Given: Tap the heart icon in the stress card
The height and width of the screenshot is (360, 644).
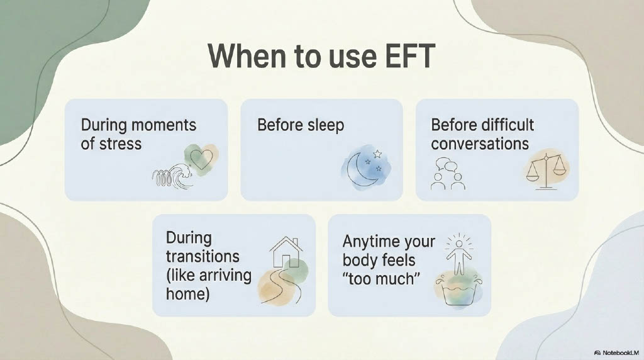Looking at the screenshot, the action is (x=202, y=159).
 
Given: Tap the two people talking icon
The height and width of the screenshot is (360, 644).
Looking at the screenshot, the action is (x=447, y=174).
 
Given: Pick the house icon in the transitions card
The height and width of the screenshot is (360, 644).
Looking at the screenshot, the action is (x=286, y=252).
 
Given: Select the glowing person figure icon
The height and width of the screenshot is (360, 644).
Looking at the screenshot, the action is (x=459, y=254).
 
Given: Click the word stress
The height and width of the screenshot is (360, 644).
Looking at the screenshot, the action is (x=121, y=144).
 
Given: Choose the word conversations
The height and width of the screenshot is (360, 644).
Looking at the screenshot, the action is (x=480, y=144).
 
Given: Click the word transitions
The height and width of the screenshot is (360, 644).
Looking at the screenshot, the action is (x=203, y=256).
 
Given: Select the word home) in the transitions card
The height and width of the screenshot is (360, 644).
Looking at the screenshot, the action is (x=187, y=294).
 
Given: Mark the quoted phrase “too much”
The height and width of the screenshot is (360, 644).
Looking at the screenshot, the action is (x=381, y=279).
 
